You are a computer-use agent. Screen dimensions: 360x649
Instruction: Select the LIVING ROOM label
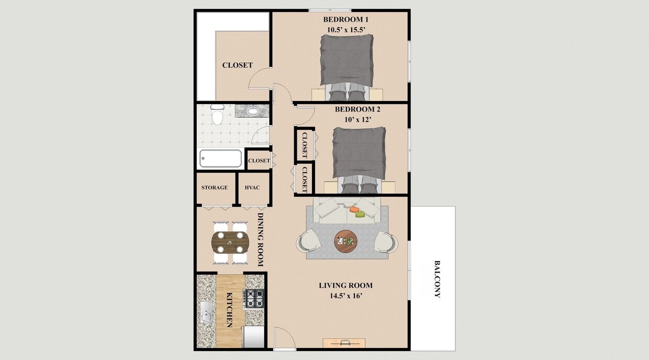pos(345,285)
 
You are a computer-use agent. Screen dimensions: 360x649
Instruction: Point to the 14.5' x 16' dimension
pos(345,296)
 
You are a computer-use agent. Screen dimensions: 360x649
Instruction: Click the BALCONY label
pos(437,279)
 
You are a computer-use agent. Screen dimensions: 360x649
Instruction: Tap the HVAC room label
pos(252,188)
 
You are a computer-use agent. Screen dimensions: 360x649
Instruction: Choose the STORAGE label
pos(215,188)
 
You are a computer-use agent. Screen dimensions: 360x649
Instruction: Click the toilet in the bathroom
pos(217,115)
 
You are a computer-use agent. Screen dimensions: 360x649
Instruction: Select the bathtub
pos(220,158)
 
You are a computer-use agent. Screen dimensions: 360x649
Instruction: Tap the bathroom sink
pos(253,111)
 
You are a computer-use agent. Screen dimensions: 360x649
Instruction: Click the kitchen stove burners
pos(254,299)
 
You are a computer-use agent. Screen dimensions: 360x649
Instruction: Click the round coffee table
pos(345,241)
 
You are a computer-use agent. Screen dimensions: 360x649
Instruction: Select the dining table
pos(230,241)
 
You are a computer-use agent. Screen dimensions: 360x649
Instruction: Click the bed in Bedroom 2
pos(359,154)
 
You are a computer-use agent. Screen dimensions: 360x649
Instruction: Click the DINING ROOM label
pos(260,239)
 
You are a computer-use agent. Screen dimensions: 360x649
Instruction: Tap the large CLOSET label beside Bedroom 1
pos(237,65)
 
